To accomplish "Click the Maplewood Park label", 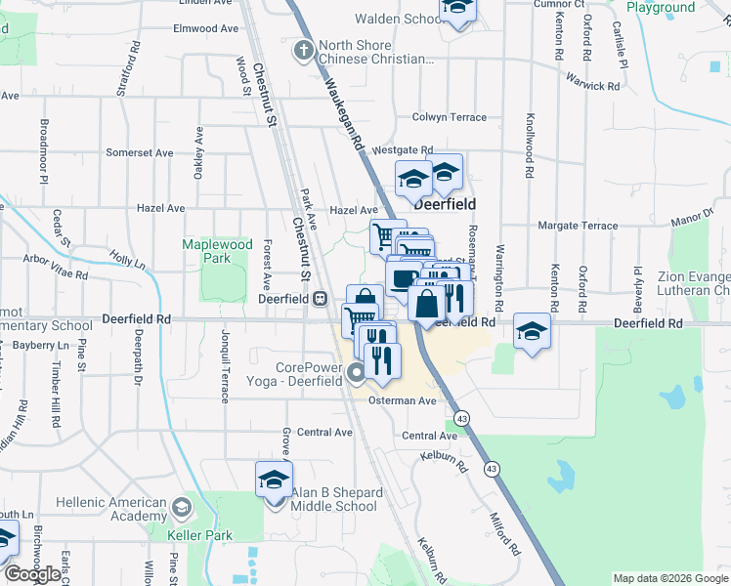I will [x=217, y=251].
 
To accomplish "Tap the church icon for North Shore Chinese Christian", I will [x=304, y=49].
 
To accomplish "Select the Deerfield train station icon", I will [x=320, y=299].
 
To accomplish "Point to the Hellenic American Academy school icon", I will [x=181, y=506].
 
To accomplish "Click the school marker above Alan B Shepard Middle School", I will [x=274, y=480].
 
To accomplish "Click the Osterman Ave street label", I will [x=402, y=400].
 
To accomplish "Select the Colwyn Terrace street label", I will [x=449, y=117].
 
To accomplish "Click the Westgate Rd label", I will [x=402, y=149].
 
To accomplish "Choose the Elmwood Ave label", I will [x=205, y=28].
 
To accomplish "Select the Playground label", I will [x=661, y=8].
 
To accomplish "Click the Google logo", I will [x=32, y=574].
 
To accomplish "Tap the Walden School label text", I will [x=398, y=19].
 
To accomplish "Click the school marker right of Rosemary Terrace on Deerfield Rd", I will [x=533, y=331].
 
